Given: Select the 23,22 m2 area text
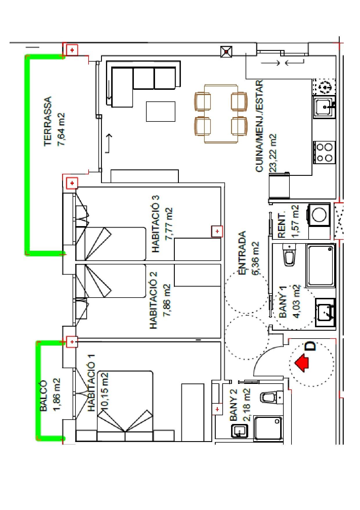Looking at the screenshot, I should (273, 152).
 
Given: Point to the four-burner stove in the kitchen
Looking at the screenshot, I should (325, 152).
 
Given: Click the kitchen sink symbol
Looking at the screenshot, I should (324, 107).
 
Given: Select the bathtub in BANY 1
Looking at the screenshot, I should (321, 265).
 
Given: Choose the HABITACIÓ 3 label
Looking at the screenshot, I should (155, 223).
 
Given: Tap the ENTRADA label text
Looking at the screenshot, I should (242, 253).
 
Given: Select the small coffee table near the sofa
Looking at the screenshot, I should (161, 111).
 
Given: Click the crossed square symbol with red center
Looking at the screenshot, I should (226, 52).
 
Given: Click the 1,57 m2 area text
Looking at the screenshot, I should (296, 221).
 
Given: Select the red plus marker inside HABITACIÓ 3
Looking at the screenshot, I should (217, 231).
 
